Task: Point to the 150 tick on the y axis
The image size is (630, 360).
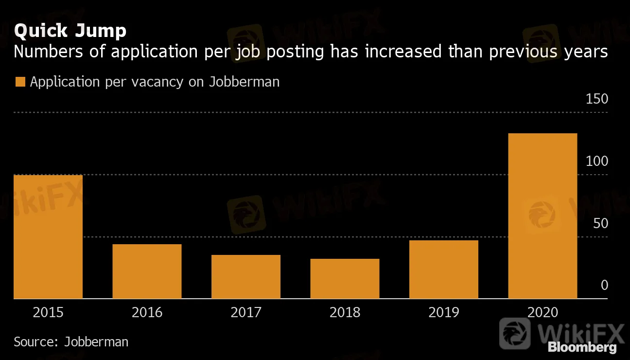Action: (597, 99)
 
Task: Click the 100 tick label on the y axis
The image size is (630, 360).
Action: (597, 162)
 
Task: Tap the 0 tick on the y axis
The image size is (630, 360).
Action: (604, 285)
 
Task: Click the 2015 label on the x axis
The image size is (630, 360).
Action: (48, 312)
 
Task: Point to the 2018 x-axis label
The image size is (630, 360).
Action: (345, 312)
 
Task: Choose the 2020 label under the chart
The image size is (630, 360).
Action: (542, 312)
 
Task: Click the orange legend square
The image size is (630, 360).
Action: (20, 82)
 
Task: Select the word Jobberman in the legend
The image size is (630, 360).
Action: (245, 82)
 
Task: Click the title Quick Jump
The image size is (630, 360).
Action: (70, 31)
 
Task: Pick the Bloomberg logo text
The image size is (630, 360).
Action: (582, 347)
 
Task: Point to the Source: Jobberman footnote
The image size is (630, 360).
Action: (71, 342)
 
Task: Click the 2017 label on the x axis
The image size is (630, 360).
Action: (246, 312)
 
